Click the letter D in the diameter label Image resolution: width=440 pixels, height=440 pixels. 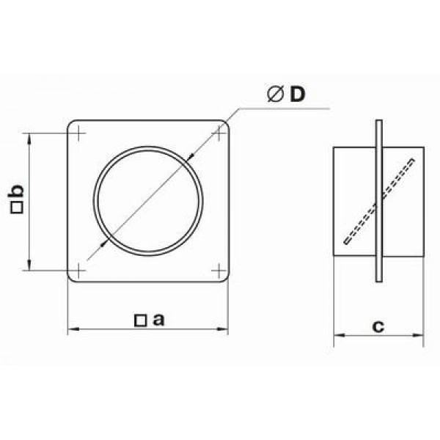pos(298,94)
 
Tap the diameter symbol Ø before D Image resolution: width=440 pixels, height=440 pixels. pos(275,94)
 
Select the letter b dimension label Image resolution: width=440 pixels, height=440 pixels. pos(16,191)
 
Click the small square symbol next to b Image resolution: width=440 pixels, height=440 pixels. pos(17,208)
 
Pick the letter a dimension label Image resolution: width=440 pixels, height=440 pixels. pos(158,320)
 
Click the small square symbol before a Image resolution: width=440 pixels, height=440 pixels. pos(140,320)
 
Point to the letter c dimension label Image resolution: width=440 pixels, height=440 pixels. pos(378,326)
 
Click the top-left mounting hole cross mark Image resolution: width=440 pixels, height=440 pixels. pos(78,133)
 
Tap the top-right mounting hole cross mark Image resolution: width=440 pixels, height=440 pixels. pos(219,133)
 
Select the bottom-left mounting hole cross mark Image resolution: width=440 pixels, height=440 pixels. pos(78,271)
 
